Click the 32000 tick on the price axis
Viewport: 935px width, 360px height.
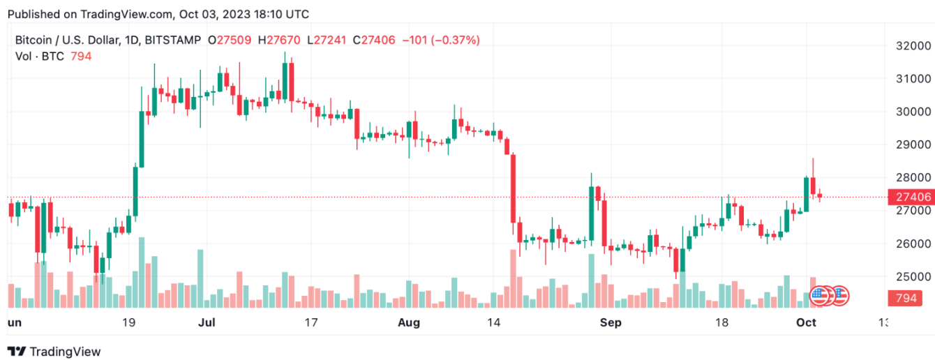(x=915, y=45)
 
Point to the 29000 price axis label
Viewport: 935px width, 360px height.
(x=915, y=144)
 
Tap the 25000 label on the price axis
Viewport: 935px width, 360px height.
(x=915, y=277)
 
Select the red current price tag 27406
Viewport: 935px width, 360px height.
(x=910, y=197)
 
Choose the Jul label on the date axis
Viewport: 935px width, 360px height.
(x=206, y=323)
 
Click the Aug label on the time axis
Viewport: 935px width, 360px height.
(x=409, y=323)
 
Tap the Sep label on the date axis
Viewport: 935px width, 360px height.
(x=611, y=323)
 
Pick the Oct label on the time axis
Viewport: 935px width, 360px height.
(x=807, y=323)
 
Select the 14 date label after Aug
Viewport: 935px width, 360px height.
(x=494, y=323)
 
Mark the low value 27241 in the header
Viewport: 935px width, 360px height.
(x=330, y=40)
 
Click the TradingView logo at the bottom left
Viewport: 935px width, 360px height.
(x=54, y=352)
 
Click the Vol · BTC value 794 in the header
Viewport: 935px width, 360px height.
(x=81, y=56)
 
